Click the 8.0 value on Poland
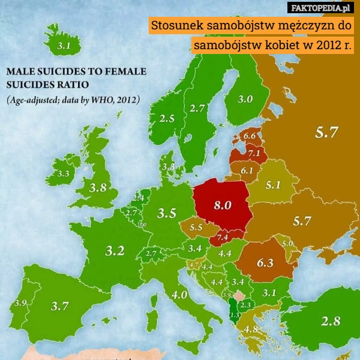tap(223, 205)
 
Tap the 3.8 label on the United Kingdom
tap(98, 187)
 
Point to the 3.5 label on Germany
tap(166, 212)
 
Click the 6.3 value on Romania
tap(265, 262)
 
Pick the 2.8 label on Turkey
tap(331, 321)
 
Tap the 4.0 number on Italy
tap(179, 295)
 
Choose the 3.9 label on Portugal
tap(19, 303)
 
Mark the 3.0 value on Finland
tap(245, 100)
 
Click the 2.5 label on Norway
tap(167, 118)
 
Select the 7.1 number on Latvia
tap(253, 153)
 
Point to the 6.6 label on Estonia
tap(248, 136)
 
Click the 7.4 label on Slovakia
tap(222, 238)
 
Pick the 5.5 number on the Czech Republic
tap(196, 227)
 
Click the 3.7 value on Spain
tap(59, 306)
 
